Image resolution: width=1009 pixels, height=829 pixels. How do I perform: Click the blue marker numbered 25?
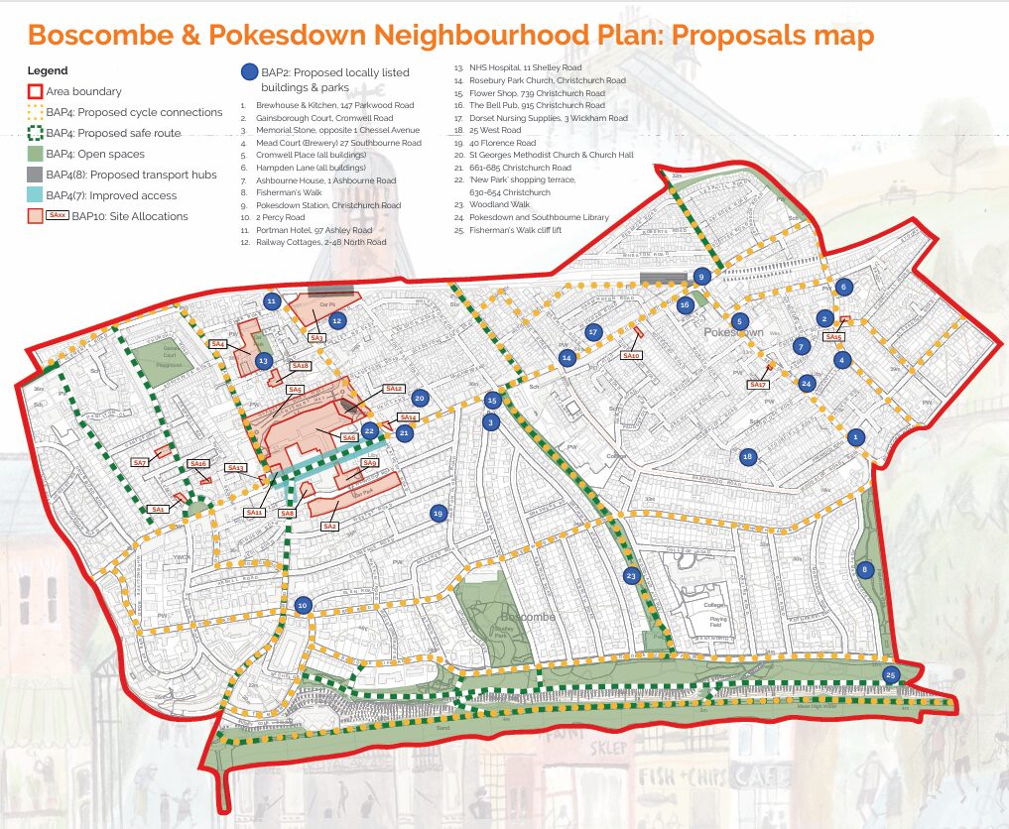[x=891, y=675]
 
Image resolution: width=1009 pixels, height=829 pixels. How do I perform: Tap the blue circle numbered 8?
[x=864, y=570]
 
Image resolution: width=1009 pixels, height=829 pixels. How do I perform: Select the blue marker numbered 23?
[x=631, y=576]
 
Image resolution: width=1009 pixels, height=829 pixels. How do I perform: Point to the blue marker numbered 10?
[x=304, y=604]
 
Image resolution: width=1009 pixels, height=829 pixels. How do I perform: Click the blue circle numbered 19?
[x=438, y=513]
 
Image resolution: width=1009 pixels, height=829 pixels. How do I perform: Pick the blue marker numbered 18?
[x=748, y=456]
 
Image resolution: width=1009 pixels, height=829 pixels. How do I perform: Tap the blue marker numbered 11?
[x=271, y=300]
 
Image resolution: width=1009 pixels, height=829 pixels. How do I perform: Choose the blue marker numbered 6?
[x=843, y=288]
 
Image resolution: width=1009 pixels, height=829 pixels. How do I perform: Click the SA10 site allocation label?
[x=631, y=355]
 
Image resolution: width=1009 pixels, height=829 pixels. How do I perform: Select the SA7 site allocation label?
[x=140, y=463]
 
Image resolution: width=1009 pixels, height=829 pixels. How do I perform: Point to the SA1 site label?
[x=158, y=509]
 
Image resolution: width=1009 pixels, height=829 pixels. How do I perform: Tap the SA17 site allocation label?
[x=758, y=384]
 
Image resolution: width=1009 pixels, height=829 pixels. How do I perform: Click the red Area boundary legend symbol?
[x=35, y=91]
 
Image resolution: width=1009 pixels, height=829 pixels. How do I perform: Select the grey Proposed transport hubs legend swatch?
[x=35, y=175]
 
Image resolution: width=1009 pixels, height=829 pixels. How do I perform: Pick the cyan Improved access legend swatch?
[x=35, y=195]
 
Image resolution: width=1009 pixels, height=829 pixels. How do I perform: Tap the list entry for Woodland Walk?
[x=501, y=204]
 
